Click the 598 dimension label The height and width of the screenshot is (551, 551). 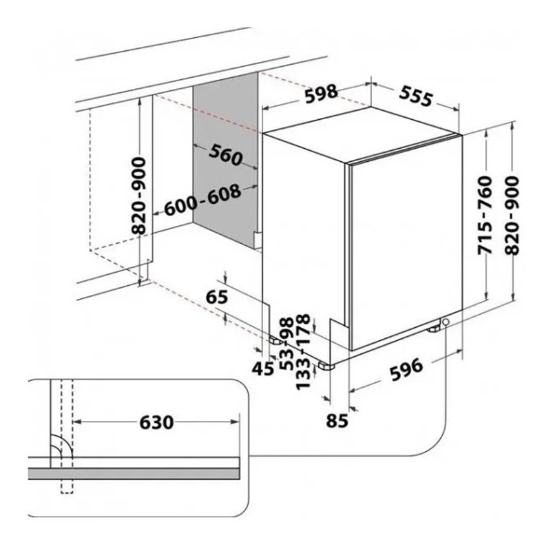tap(321, 93)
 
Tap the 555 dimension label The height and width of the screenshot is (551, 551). tap(416, 96)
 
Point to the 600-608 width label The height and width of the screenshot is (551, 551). tap(202, 200)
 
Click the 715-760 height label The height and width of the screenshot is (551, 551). tap(486, 216)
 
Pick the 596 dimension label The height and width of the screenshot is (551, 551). tap(406, 369)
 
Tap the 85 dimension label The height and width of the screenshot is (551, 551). tap(337, 420)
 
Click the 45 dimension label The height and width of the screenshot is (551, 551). tap(263, 368)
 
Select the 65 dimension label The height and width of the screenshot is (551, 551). tap(217, 298)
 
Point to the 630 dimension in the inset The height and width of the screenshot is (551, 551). tap(157, 422)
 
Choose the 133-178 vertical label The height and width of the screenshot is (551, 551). tap(303, 352)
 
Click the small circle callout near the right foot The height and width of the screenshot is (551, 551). tap(446, 322)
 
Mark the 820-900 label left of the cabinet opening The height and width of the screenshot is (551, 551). tap(139, 196)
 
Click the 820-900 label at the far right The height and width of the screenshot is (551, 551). tap(512, 216)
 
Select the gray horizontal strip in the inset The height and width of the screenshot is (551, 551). tap(134, 473)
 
